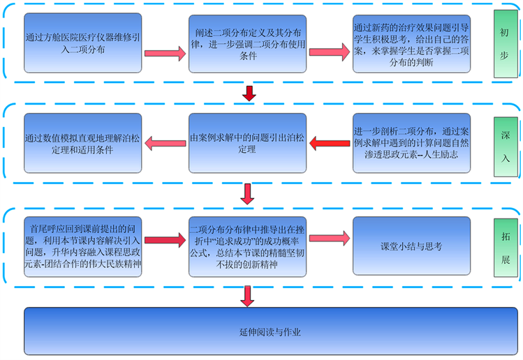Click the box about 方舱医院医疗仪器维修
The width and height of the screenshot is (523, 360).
coord(82,43)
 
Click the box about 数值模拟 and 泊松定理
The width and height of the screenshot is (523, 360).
coord(82,142)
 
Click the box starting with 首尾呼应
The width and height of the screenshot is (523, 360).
coord(82,246)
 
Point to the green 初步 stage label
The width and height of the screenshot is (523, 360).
coord(505,43)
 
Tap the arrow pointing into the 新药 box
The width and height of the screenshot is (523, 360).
coord(330,53)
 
